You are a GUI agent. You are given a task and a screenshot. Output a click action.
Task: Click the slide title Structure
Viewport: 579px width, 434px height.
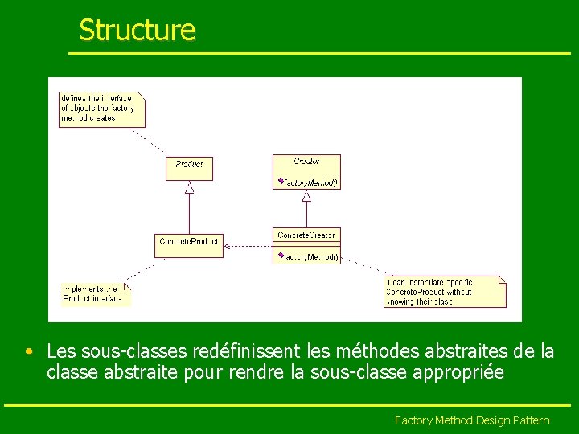pyautogui.click(x=137, y=31)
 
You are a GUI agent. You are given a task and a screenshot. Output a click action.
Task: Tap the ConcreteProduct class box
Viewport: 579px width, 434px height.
pyautogui.click(x=188, y=242)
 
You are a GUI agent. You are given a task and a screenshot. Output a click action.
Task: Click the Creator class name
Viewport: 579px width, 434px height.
pyautogui.click(x=306, y=161)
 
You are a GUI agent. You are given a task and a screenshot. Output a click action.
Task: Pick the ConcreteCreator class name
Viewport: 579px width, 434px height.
pyautogui.click(x=306, y=235)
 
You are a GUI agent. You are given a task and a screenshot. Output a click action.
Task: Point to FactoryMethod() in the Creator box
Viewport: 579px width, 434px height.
pyautogui.click(x=309, y=182)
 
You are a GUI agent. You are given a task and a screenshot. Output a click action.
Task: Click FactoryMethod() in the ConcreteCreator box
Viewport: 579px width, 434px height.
pyautogui.click(x=309, y=257)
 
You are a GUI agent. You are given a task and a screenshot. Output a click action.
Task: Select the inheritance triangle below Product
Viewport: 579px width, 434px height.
pyautogui.click(x=189, y=188)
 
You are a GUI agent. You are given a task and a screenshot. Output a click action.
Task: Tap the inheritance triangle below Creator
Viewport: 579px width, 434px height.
pyautogui.click(x=306, y=195)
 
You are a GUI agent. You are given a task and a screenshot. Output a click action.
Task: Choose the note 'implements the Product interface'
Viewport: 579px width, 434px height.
pyautogui.click(x=95, y=293)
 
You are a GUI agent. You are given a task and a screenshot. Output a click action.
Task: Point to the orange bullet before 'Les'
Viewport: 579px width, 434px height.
pyautogui.click(x=28, y=351)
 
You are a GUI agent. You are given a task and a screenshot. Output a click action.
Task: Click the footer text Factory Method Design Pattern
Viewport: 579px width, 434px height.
pyautogui.click(x=471, y=420)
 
